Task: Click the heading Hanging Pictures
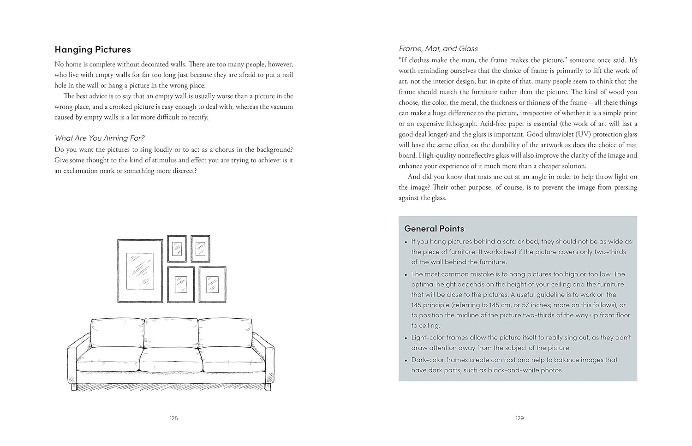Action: pos(93,49)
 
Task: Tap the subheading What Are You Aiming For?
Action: pos(100,138)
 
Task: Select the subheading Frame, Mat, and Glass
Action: pos(438,48)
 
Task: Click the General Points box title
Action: pos(434,228)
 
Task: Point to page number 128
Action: pos(173,418)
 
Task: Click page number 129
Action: pos(519,418)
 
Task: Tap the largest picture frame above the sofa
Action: pos(140,271)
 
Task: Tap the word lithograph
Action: pos(461,124)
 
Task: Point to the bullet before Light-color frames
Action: pos(406,338)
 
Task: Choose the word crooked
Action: pos(124,107)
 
